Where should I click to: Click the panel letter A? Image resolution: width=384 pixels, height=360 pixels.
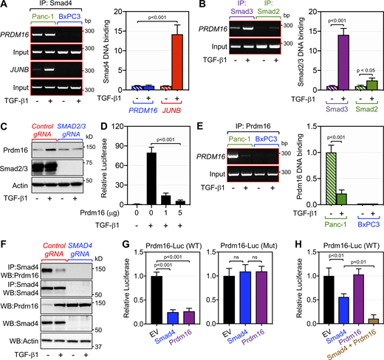(5, 6)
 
